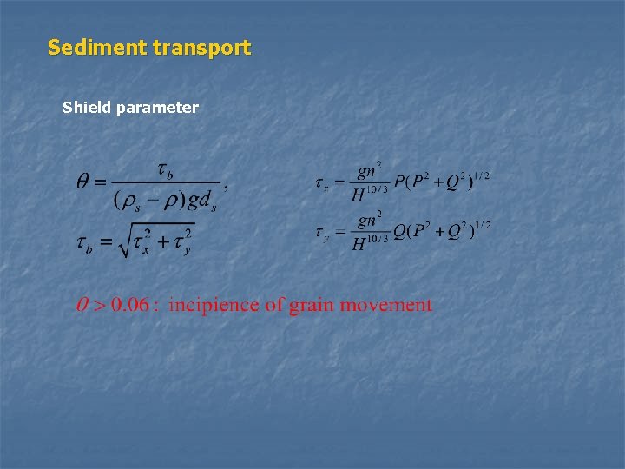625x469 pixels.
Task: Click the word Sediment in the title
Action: (x=96, y=48)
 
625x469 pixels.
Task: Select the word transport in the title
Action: (x=201, y=48)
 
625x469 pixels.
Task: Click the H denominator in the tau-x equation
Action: (x=359, y=195)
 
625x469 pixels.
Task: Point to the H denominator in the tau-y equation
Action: (x=359, y=244)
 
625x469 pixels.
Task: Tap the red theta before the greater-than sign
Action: (x=82, y=305)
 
